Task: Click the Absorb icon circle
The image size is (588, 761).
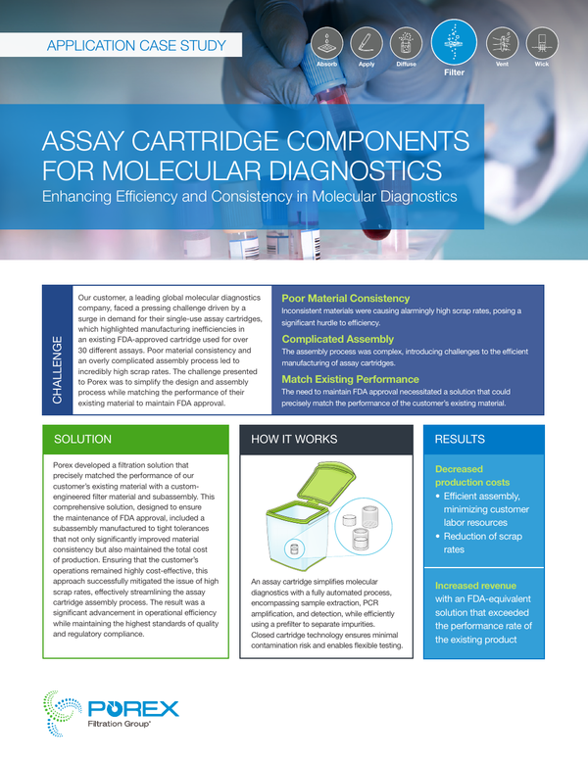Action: (326, 43)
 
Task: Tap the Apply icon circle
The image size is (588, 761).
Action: (367, 43)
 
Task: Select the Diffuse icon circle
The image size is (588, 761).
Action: (407, 43)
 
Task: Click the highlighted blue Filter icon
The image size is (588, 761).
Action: (454, 42)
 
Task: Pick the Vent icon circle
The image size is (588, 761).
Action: (502, 43)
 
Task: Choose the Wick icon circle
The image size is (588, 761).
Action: (542, 43)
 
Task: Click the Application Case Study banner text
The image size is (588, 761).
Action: (136, 46)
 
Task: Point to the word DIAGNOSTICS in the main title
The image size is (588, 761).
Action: (356, 170)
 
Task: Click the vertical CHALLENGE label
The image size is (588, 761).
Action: (57, 369)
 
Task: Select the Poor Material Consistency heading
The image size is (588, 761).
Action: (346, 299)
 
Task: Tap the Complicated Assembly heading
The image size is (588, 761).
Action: (338, 339)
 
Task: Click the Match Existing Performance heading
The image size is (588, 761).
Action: (351, 379)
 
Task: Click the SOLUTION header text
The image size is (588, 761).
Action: (82, 439)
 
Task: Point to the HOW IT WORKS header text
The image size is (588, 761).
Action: (294, 439)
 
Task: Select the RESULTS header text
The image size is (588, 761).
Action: (460, 439)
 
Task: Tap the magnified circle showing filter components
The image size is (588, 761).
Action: (364, 527)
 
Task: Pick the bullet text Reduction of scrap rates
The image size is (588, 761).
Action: (482, 544)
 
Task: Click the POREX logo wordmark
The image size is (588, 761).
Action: (133, 708)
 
